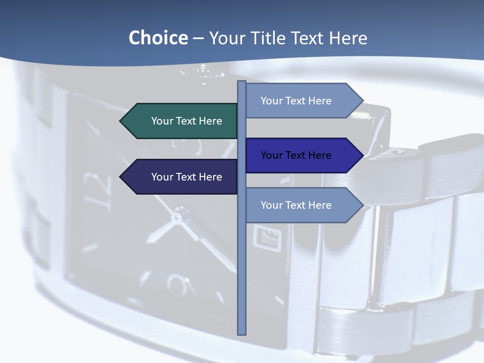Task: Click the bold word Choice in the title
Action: pyautogui.click(x=158, y=38)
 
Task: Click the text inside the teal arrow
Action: pyautogui.click(x=187, y=121)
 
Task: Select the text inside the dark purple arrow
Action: pyautogui.click(x=187, y=177)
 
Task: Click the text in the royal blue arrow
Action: pyautogui.click(x=296, y=155)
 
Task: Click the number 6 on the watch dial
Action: pyautogui.click(x=176, y=284)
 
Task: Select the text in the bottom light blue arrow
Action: pyautogui.click(x=296, y=205)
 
